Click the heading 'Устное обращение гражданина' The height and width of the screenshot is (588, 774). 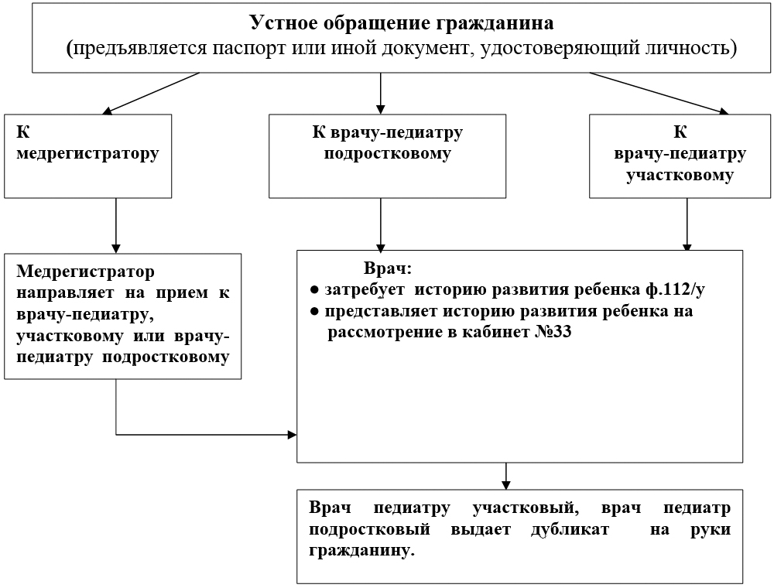point(401,23)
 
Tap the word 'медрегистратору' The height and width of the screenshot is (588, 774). point(88,153)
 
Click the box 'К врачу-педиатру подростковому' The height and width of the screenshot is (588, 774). point(388,156)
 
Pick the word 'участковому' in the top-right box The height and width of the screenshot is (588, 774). point(680,176)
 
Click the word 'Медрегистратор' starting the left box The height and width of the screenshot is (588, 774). point(85,272)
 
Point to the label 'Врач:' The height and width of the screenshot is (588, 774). point(388,268)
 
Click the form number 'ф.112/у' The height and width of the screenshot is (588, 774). point(675,289)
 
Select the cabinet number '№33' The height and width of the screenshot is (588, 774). point(553,332)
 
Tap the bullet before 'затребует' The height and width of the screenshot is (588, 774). point(314,290)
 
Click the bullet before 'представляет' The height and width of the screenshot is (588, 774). point(314,312)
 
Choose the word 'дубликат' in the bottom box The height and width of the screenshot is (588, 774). point(570,529)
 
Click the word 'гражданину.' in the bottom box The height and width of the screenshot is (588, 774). point(361,551)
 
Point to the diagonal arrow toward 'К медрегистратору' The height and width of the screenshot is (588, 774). point(151,94)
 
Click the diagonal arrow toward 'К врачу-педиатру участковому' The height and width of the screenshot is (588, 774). point(659,94)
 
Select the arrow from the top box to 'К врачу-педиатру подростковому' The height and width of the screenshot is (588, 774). point(380,94)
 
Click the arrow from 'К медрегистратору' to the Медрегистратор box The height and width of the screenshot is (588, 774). point(116,226)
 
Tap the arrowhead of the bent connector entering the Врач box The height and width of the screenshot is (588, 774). point(293,435)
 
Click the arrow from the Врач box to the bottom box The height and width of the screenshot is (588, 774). point(506,476)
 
